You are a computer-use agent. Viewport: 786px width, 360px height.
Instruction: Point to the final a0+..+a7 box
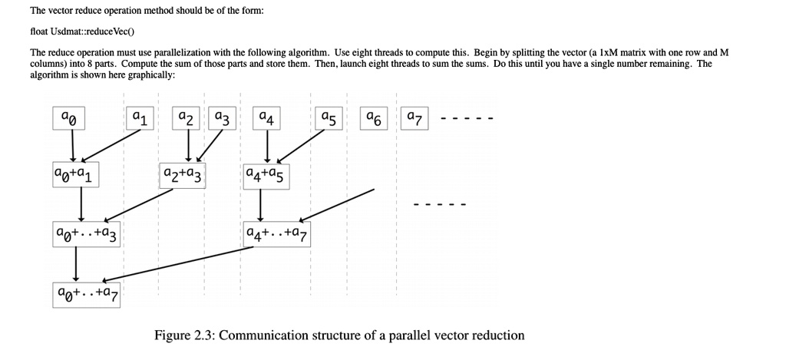pyautogui.click(x=87, y=292)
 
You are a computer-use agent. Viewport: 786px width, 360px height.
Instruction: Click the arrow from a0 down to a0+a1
pyautogui.click(x=73, y=145)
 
